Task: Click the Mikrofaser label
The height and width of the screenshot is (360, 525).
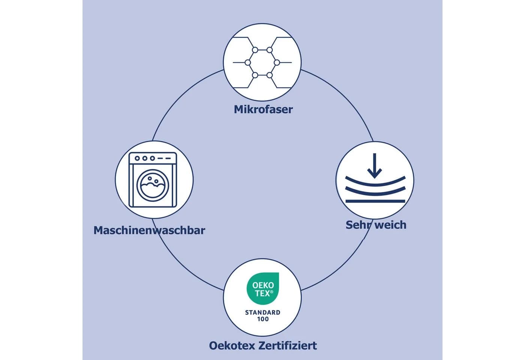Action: pyautogui.click(x=263, y=109)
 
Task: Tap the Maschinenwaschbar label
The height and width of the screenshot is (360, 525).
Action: pyautogui.click(x=149, y=230)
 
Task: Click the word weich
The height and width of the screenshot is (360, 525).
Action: pyautogui.click(x=391, y=225)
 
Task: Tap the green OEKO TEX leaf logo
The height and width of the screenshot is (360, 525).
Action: pyautogui.click(x=263, y=288)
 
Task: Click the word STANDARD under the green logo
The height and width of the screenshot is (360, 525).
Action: pyautogui.click(x=262, y=312)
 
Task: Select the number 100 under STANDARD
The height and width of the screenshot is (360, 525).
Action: pyautogui.click(x=263, y=319)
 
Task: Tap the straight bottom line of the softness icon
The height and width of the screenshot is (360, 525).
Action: pyautogui.click(x=375, y=201)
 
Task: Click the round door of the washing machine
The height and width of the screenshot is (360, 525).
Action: pyautogui.click(x=153, y=185)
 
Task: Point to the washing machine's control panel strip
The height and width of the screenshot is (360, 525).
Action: pyautogui.click(x=153, y=158)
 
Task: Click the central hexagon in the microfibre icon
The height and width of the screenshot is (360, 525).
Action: pyautogui.click(x=262, y=63)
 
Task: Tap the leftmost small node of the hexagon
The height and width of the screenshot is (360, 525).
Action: pyautogui.click(x=248, y=63)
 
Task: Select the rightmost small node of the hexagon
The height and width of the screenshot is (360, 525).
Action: pyautogui.click(x=277, y=63)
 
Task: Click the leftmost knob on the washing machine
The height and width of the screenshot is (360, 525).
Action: pyautogui.click(x=137, y=158)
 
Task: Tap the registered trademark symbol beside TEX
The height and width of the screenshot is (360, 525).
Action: pyautogui.click(x=271, y=292)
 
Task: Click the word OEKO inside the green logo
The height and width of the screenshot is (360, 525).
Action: pyautogui.click(x=263, y=285)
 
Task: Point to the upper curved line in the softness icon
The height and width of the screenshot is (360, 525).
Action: pyautogui.click(x=375, y=182)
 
